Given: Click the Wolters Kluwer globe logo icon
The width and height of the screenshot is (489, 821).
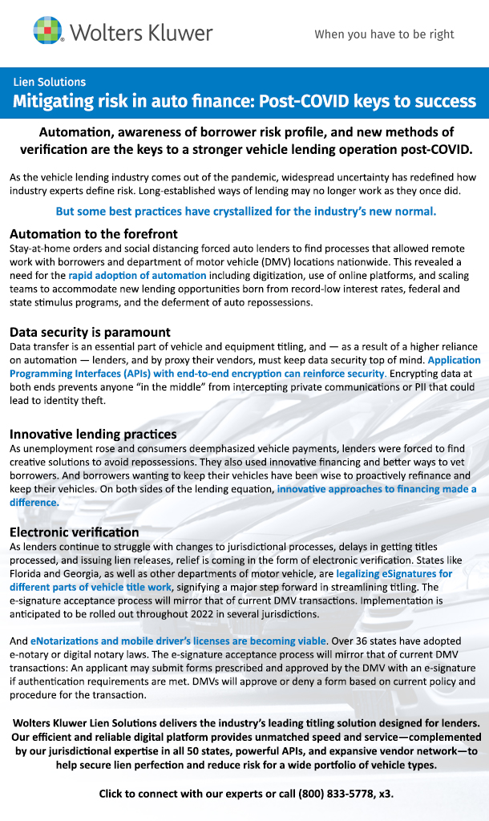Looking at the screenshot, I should (x=48, y=31).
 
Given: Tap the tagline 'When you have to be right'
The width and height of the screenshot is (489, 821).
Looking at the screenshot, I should (x=384, y=34).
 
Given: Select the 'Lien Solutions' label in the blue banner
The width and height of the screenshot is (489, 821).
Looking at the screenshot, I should (x=49, y=82).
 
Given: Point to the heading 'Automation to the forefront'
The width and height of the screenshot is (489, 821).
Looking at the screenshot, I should (x=93, y=234).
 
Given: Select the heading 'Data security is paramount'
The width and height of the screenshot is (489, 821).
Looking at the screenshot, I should (x=90, y=333).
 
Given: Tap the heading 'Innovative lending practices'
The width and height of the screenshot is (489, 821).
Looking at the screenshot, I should (x=93, y=434).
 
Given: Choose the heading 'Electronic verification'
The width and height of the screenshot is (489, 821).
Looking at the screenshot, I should (x=75, y=532).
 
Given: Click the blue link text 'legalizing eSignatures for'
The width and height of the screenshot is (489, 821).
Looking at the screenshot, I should (x=394, y=574).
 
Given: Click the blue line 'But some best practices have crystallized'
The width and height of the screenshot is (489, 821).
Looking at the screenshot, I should (x=245, y=212).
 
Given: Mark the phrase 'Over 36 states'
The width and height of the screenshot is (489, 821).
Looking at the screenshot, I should (x=368, y=641).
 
